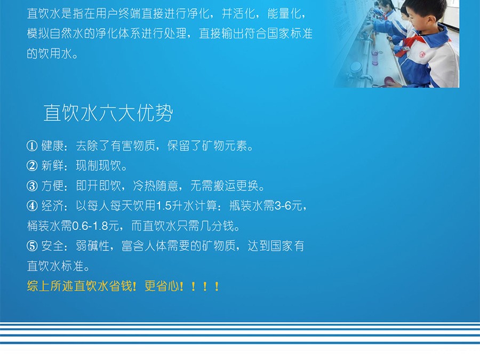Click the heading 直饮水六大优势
(x=108, y=113)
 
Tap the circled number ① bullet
(x=32, y=146)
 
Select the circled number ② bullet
(x=32, y=166)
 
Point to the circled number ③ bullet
(x=32, y=186)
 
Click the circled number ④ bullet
(x=32, y=206)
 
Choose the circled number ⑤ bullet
(x=32, y=246)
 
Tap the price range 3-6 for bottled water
(x=283, y=206)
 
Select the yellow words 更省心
(x=161, y=286)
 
